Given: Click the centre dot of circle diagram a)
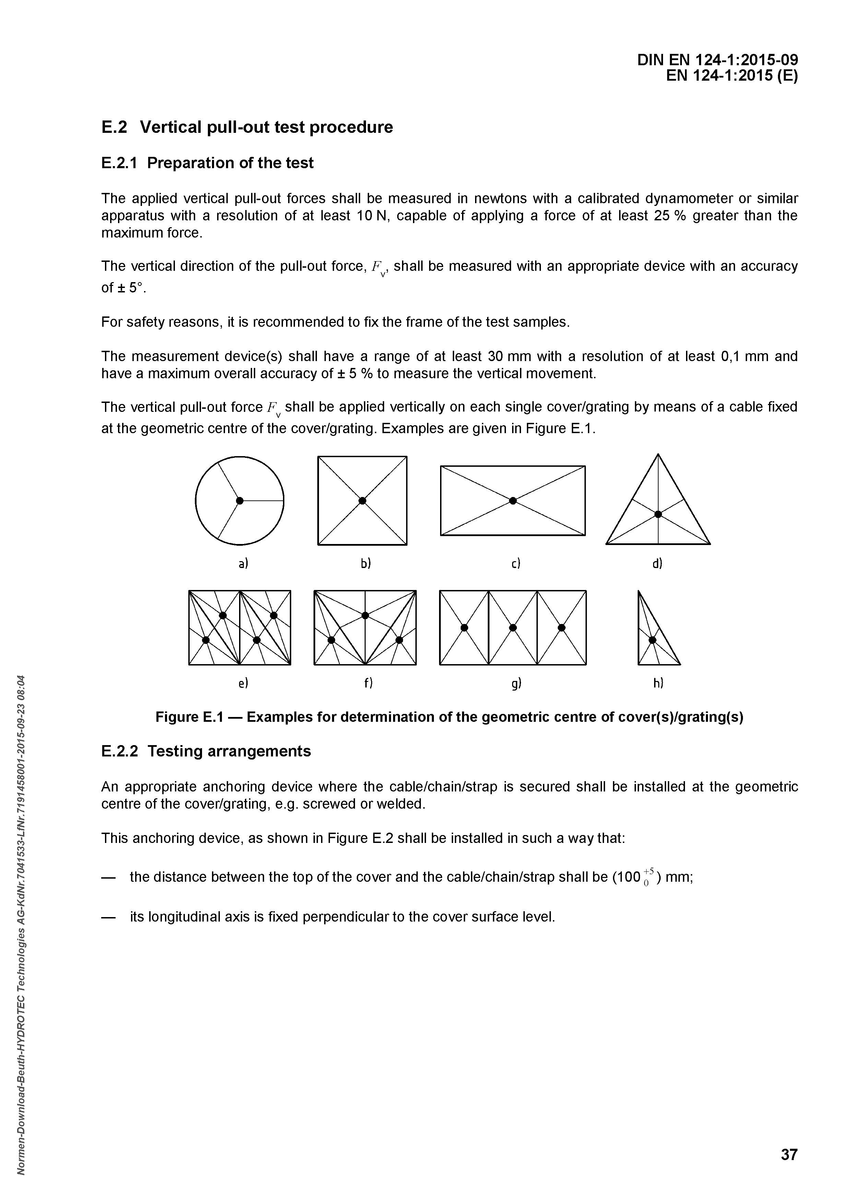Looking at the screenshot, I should tap(239, 501).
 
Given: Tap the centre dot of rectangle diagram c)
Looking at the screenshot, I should tap(513, 501).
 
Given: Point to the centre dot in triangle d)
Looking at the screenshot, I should tap(658, 514).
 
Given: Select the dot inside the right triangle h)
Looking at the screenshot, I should tap(652, 640).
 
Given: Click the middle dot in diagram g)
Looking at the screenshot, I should tap(513, 628).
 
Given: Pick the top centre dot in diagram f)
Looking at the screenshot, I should tap(365, 615).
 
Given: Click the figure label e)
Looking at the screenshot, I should tap(243, 683).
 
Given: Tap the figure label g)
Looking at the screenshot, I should tap(517, 683).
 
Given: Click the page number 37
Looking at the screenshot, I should tap(789, 1155).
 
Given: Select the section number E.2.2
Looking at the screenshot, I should tap(119, 751).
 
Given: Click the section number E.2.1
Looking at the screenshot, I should tap(119, 163).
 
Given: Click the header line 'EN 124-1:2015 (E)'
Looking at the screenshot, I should tap(732, 76).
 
